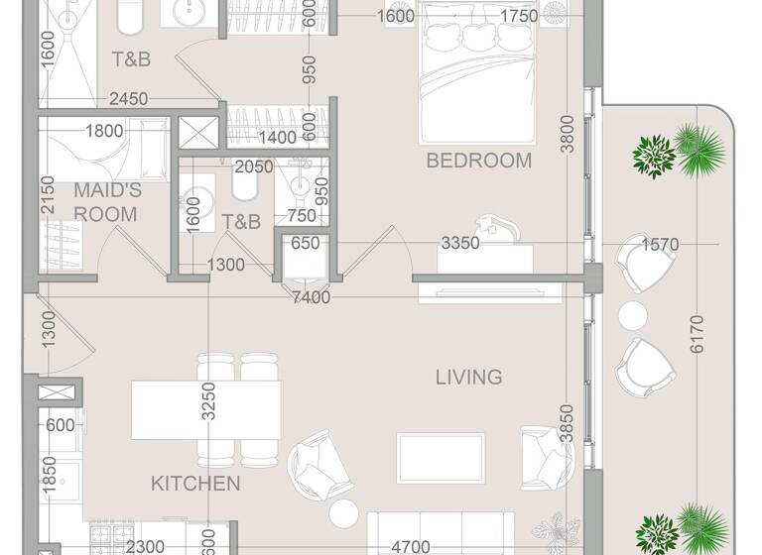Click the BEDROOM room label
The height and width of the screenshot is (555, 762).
click(478, 161)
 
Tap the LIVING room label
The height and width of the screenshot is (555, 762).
click(468, 377)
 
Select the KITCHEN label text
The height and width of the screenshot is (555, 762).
click(195, 484)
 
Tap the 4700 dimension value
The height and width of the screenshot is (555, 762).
click(410, 545)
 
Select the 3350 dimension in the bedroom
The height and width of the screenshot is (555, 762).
click(460, 244)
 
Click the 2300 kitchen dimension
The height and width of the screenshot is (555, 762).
click(145, 545)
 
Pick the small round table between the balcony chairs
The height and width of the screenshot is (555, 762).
click(633, 316)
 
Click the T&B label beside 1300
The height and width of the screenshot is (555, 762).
click(241, 222)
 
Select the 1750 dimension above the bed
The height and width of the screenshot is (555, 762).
click(519, 16)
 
